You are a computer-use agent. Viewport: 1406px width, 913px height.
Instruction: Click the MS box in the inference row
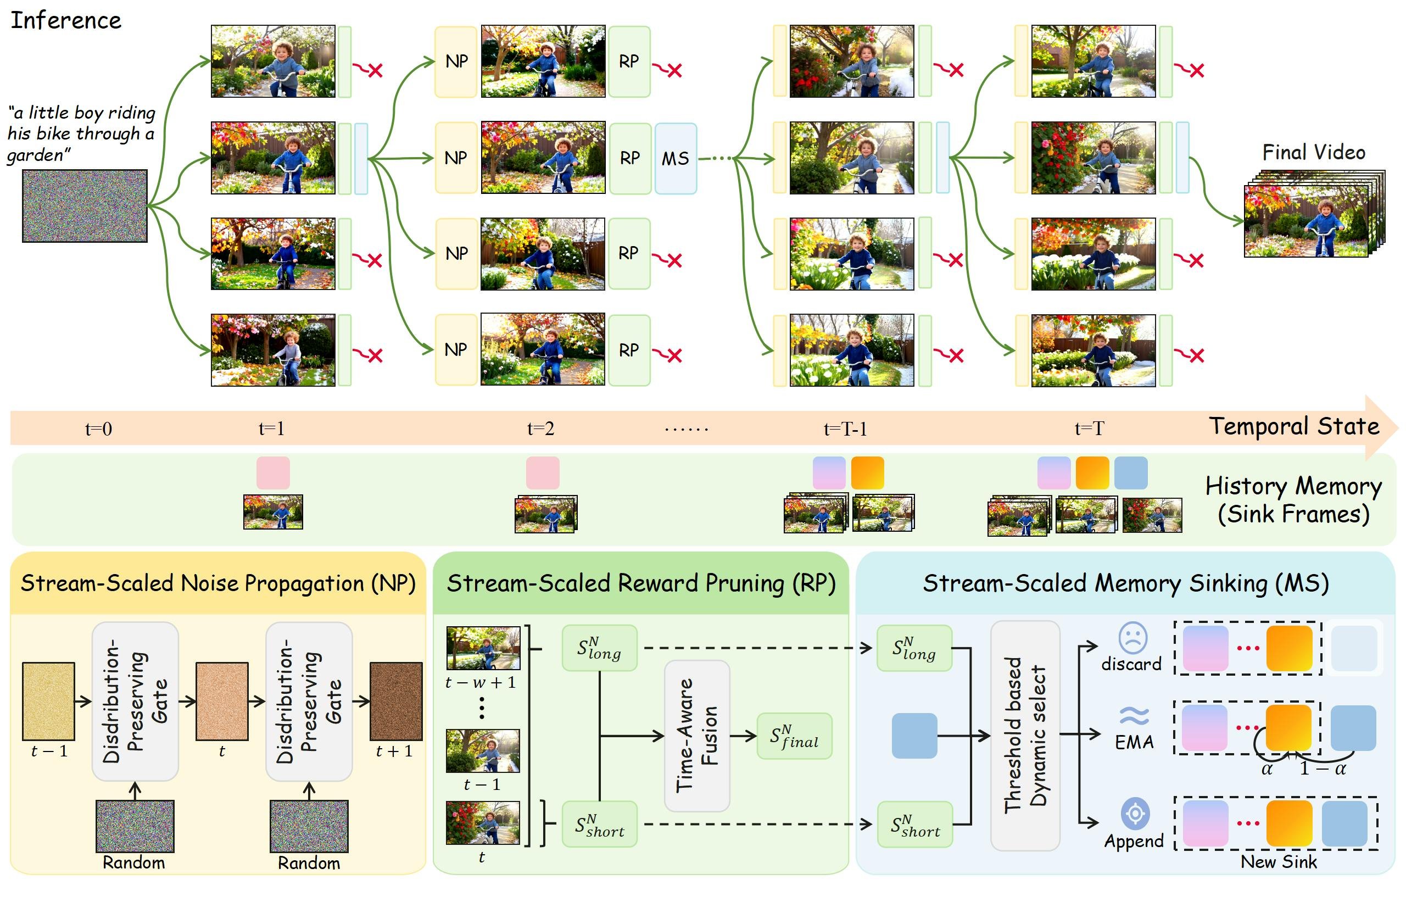pos(675,158)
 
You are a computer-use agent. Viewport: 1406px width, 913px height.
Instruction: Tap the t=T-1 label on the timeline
pos(845,428)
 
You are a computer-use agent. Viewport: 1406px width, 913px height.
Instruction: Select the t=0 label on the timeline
pos(99,428)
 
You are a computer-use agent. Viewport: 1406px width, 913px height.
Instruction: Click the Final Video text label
pos(1313,153)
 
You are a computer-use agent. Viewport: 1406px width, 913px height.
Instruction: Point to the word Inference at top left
pos(65,21)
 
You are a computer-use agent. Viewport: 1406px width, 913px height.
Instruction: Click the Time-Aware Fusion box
pos(697,736)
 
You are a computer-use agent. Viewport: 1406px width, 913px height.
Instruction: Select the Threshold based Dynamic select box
pos(1025,736)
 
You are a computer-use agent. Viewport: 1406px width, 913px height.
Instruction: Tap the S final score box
pos(795,736)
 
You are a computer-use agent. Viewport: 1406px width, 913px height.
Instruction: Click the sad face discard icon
pos(1132,638)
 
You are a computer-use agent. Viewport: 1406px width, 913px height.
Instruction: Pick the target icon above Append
pos(1135,814)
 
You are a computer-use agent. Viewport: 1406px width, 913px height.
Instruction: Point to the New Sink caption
pos(1279,862)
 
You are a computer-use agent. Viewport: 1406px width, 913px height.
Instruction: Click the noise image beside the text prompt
pos(85,205)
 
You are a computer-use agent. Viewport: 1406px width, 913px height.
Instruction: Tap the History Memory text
pos(1294,486)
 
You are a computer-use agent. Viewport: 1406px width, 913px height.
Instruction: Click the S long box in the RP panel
pos(599,648)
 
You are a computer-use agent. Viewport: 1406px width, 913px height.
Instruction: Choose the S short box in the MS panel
pos(914,825)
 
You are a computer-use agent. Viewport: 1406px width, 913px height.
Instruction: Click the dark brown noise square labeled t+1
pos(396,702)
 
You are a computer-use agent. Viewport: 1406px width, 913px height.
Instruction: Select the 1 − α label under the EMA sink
pos(1323,768)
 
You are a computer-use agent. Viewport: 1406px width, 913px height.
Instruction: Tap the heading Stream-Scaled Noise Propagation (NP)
pos(218,584)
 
